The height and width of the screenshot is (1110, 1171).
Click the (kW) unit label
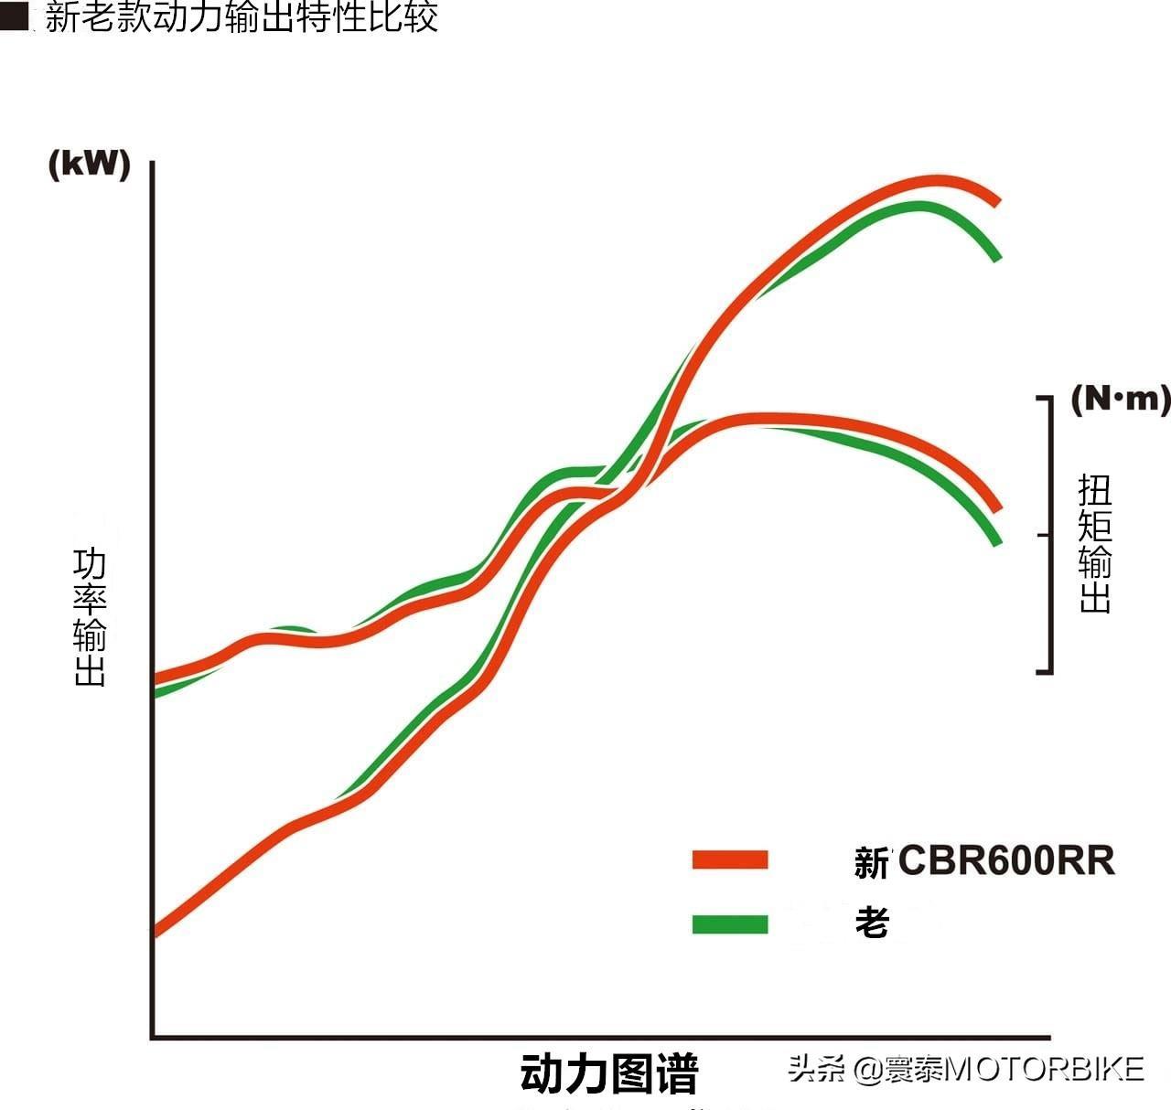(90, 165)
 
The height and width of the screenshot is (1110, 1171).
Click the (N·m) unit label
(1120, 399)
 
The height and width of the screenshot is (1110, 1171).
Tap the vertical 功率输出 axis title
(90, 617)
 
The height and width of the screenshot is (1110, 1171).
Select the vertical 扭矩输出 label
(1095, 543)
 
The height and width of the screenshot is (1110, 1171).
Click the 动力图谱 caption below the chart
(609, 1073)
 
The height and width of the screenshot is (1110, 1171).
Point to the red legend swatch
(730, 859)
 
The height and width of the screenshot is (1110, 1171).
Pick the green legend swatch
(730, 924)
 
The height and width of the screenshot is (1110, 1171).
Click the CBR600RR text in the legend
(1006, 861)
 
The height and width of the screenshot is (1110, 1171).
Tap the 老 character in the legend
(872, 923)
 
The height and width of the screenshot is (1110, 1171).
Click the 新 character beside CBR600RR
(872, 862)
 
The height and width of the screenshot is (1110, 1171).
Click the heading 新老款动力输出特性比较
(242, 17)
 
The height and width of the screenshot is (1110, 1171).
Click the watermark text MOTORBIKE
(1043, 1069)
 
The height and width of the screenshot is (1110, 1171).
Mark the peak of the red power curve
(938, 180)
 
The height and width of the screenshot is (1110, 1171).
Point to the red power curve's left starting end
(156, 932)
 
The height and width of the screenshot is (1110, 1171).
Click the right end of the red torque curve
(998, 507)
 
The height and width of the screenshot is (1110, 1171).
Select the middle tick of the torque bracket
(1044, 535)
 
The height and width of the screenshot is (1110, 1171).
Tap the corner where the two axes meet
(153, 1037)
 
